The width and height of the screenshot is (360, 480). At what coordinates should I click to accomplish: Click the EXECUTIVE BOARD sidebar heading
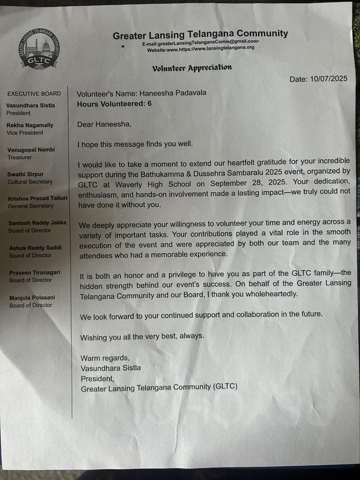tap(34, 94)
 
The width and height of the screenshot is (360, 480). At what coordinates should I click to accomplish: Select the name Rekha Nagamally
tap(30, 125)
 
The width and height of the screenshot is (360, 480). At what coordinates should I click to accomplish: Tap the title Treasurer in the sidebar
tap(19, 157)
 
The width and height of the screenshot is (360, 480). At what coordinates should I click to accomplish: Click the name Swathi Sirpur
tap(25, 174)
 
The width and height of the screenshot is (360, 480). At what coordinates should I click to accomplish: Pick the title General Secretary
tap(31, 206)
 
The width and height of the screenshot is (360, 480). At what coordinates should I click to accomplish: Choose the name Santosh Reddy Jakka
tap(37, 223)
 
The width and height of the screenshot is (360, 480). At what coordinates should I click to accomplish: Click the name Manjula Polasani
tap(32, 298)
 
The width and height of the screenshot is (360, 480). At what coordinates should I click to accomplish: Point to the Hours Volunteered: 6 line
tap(114, 104)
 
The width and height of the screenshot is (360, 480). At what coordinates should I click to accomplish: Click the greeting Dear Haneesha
tap(104, 124)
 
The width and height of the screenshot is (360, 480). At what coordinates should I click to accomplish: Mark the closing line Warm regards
tap(105, 358)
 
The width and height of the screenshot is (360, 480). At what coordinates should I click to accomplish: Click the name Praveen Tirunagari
tap(34, 273)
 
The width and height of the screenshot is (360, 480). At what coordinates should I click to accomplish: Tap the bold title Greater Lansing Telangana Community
tap(200, 34)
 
